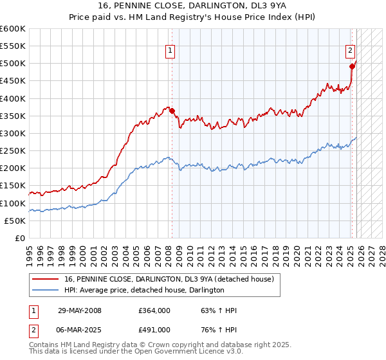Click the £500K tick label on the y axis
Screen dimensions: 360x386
pos(13,64)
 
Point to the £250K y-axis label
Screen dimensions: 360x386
pos(13,150)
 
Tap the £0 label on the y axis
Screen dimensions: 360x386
pos(19,238)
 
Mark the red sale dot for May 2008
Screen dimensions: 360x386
pos(172,111)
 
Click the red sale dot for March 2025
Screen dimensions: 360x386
pos(352,66)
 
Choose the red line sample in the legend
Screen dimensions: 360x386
pos(46,279)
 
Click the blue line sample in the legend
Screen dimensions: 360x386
pos(46,290)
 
